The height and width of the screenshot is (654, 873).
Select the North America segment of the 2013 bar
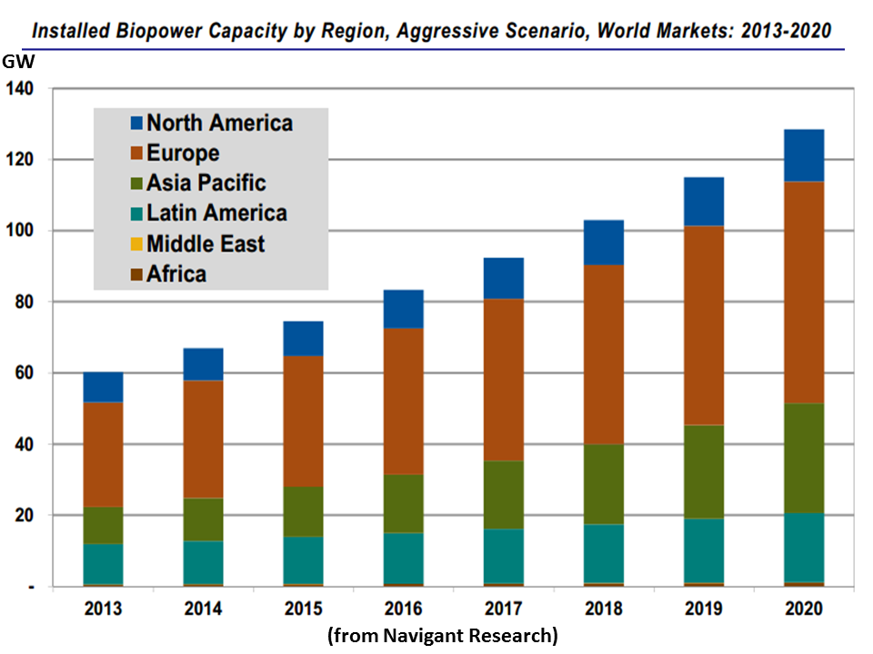tap(103, 387)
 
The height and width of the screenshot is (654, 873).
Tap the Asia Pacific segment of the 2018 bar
tap(604, 484)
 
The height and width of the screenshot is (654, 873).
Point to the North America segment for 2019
tap(704, 201)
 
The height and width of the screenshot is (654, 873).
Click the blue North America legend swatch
tap(136, 123)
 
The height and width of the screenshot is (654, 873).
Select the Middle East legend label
tap(206, 243)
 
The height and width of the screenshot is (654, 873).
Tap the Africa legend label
tap(176, 273)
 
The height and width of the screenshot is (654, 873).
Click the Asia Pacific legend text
tap(206, 183)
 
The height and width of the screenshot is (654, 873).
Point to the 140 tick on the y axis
tap(19, 89)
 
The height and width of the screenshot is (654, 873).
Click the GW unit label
tap(16, 63)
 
